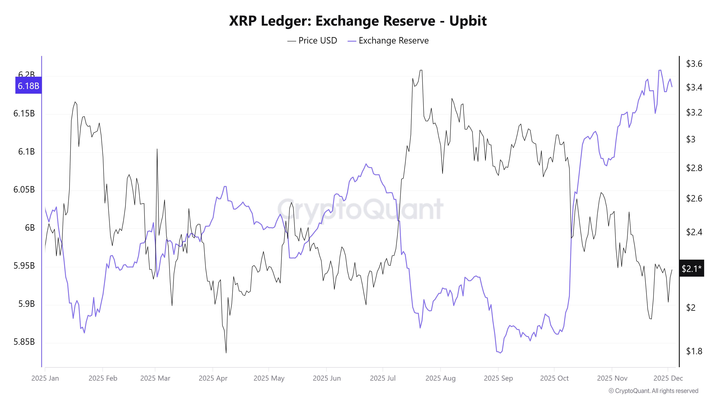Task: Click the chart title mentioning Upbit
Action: click(358, 21)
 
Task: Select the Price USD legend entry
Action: click(312, 41)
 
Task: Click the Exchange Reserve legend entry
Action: click(388, 41)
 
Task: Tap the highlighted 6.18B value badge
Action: click(28, 86)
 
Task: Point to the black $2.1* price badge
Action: click(691, 268)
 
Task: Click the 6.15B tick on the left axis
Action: click(24, 114)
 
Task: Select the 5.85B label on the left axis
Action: click(24, 342)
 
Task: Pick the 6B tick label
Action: click(30, 228)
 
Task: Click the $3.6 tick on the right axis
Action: click(694, 64)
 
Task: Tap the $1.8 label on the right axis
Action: click(694, 351)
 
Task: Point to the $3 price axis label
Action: click(691, 139)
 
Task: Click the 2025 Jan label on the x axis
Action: click(45, 378)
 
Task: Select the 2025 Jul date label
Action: click(383, 378)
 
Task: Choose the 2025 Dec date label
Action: click(668, 378)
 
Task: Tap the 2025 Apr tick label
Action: click(213, 378)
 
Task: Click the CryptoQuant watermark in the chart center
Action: click(360, 209)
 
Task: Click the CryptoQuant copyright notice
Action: click(653, 391)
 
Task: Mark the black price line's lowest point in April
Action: click(226, 353)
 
